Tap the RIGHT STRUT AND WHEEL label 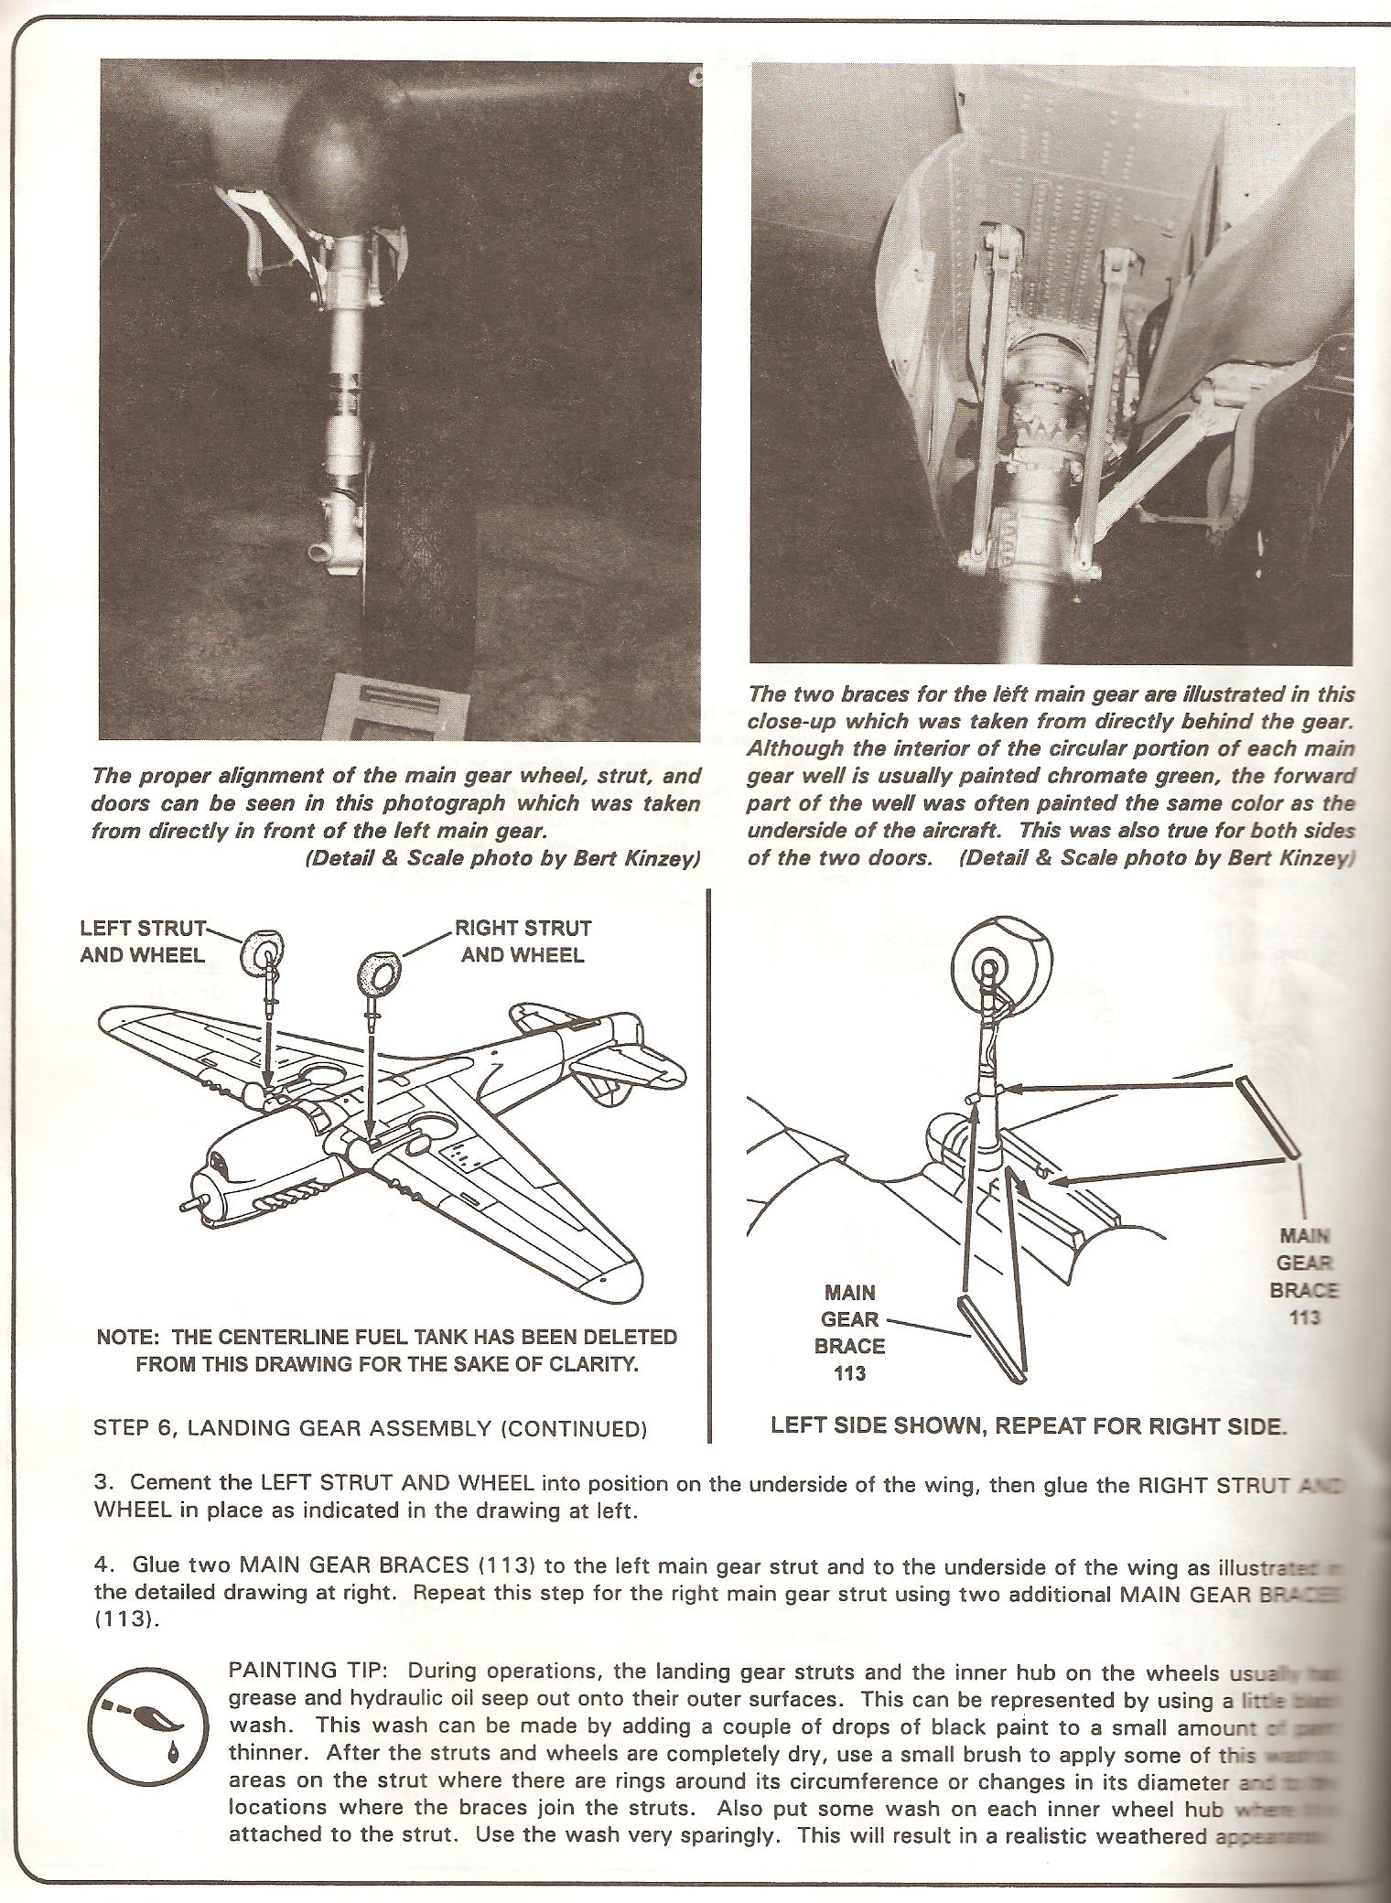pyautogui.click(x=523, y=941)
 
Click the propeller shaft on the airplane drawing pyautogui.click(x=190, y=1206)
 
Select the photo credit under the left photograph pyautogui.click(x=507, y=860)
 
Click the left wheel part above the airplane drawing pyautogui.click(x=264, y=958)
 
